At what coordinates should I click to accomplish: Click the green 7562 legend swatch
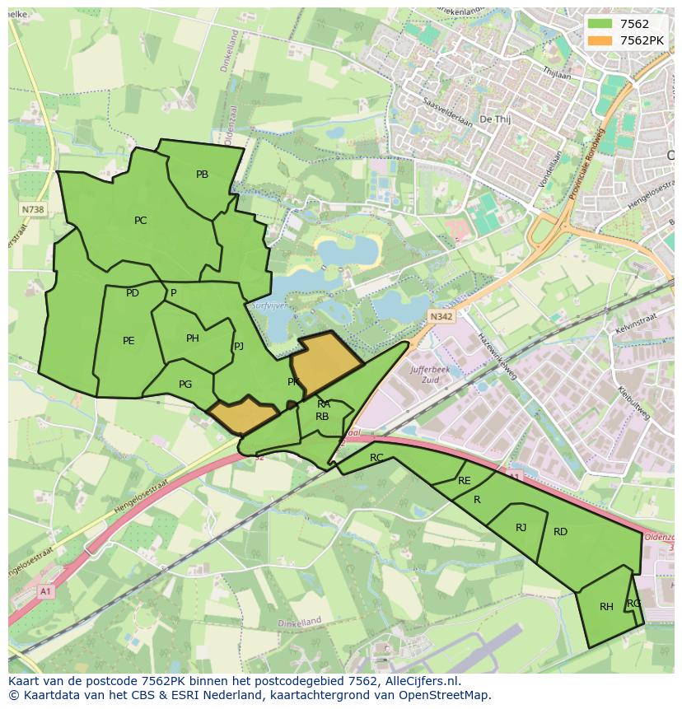click(x=600, y=25)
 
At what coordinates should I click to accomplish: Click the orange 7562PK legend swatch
click(x=600, y=40)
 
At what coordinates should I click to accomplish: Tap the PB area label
click(x=203, y=175)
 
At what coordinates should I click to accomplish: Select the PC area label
click(x=141, y=221)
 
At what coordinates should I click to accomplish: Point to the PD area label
click(x=133, y=293)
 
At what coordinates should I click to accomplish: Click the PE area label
click(x=128, y=341)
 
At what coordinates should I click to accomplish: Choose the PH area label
click(x=193, y=338)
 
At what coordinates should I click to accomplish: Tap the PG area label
click(x=185, y=385)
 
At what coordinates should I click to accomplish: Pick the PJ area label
click(x=239, y=347)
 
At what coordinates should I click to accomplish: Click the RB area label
click(x=322, y=417)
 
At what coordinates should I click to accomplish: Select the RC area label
click(x=376, y=458)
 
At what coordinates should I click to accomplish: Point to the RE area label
click(x=465, y=481)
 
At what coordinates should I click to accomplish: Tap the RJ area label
click(x=521, y=528)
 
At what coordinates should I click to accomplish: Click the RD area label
click(x=560, y=532)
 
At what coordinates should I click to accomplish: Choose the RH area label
click(x=606, y=607)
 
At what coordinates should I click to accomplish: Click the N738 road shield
click(x=33, y=210)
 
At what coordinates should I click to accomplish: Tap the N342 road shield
click(x=441, y=315)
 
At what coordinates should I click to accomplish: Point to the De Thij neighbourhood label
click(x=494, y=119)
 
